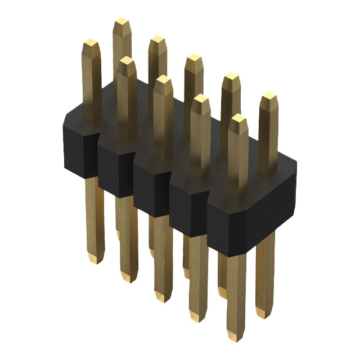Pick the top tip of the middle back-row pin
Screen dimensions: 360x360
pyautogui.click(x=193, y=57)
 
